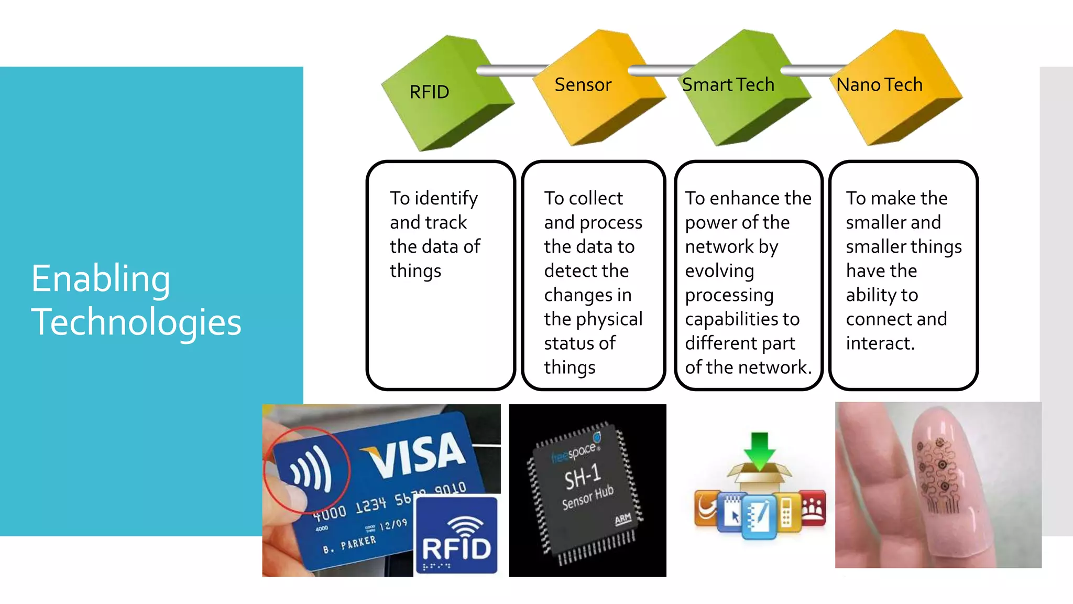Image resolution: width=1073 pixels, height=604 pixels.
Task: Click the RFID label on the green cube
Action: pos(429,92)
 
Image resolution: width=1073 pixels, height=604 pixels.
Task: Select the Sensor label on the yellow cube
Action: pos(583,85)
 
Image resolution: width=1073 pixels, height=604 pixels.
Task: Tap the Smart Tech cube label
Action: pos(728,85)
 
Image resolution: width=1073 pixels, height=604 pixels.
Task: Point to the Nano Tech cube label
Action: pos(879,85)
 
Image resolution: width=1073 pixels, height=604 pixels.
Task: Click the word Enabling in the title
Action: pos(101,278)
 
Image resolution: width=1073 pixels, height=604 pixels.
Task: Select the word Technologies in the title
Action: pos(136,322)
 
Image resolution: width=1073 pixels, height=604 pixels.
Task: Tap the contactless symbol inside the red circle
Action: pos(311,469)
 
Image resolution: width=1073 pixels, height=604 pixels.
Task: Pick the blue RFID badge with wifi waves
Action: pos(456,535)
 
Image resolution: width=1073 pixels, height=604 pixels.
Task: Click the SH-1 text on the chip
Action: pos(582,476)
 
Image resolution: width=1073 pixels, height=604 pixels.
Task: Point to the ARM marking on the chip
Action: pos(622,519)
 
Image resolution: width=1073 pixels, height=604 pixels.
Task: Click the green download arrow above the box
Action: pos(759,450)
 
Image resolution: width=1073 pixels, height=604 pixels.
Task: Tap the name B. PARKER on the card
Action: pos(349,544)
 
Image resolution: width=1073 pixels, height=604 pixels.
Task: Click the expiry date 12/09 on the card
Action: pos(393,524)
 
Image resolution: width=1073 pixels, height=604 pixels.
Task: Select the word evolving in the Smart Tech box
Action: pos(719,271)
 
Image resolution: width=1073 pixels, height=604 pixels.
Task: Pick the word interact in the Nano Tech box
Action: pos(880,343)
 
